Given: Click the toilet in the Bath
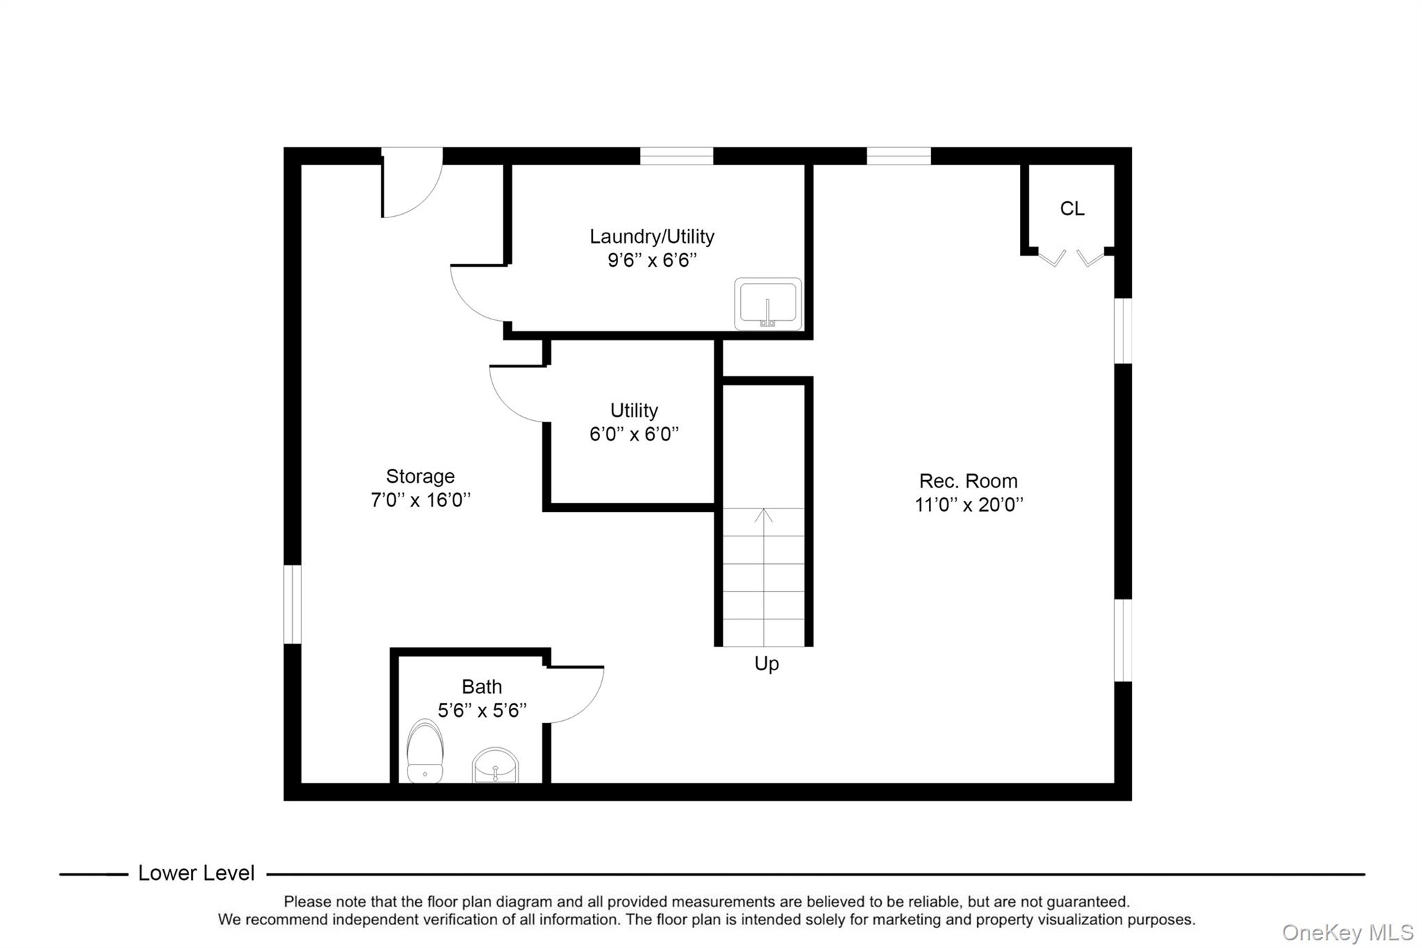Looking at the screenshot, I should (425, 751).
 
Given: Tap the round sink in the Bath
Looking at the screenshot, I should (495, 765).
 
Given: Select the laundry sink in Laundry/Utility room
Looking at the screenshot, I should (768, 303).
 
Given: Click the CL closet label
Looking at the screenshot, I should (1071, 208).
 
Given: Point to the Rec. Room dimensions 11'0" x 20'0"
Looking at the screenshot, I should (969, 505).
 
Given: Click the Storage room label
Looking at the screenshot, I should (420, 476).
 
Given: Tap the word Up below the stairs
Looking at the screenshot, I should (767, 664).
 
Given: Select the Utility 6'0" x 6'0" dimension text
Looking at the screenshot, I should (633, 434).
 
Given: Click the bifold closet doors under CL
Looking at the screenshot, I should (1071, 259).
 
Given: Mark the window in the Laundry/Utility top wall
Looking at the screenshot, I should (676, 156).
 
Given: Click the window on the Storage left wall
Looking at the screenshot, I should (292, 604).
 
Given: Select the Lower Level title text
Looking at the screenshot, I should (196, 873).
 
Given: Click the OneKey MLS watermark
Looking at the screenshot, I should (1347, 932).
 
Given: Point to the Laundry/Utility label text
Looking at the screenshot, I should (651, 237).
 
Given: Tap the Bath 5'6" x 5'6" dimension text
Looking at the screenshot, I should (482, 710).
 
